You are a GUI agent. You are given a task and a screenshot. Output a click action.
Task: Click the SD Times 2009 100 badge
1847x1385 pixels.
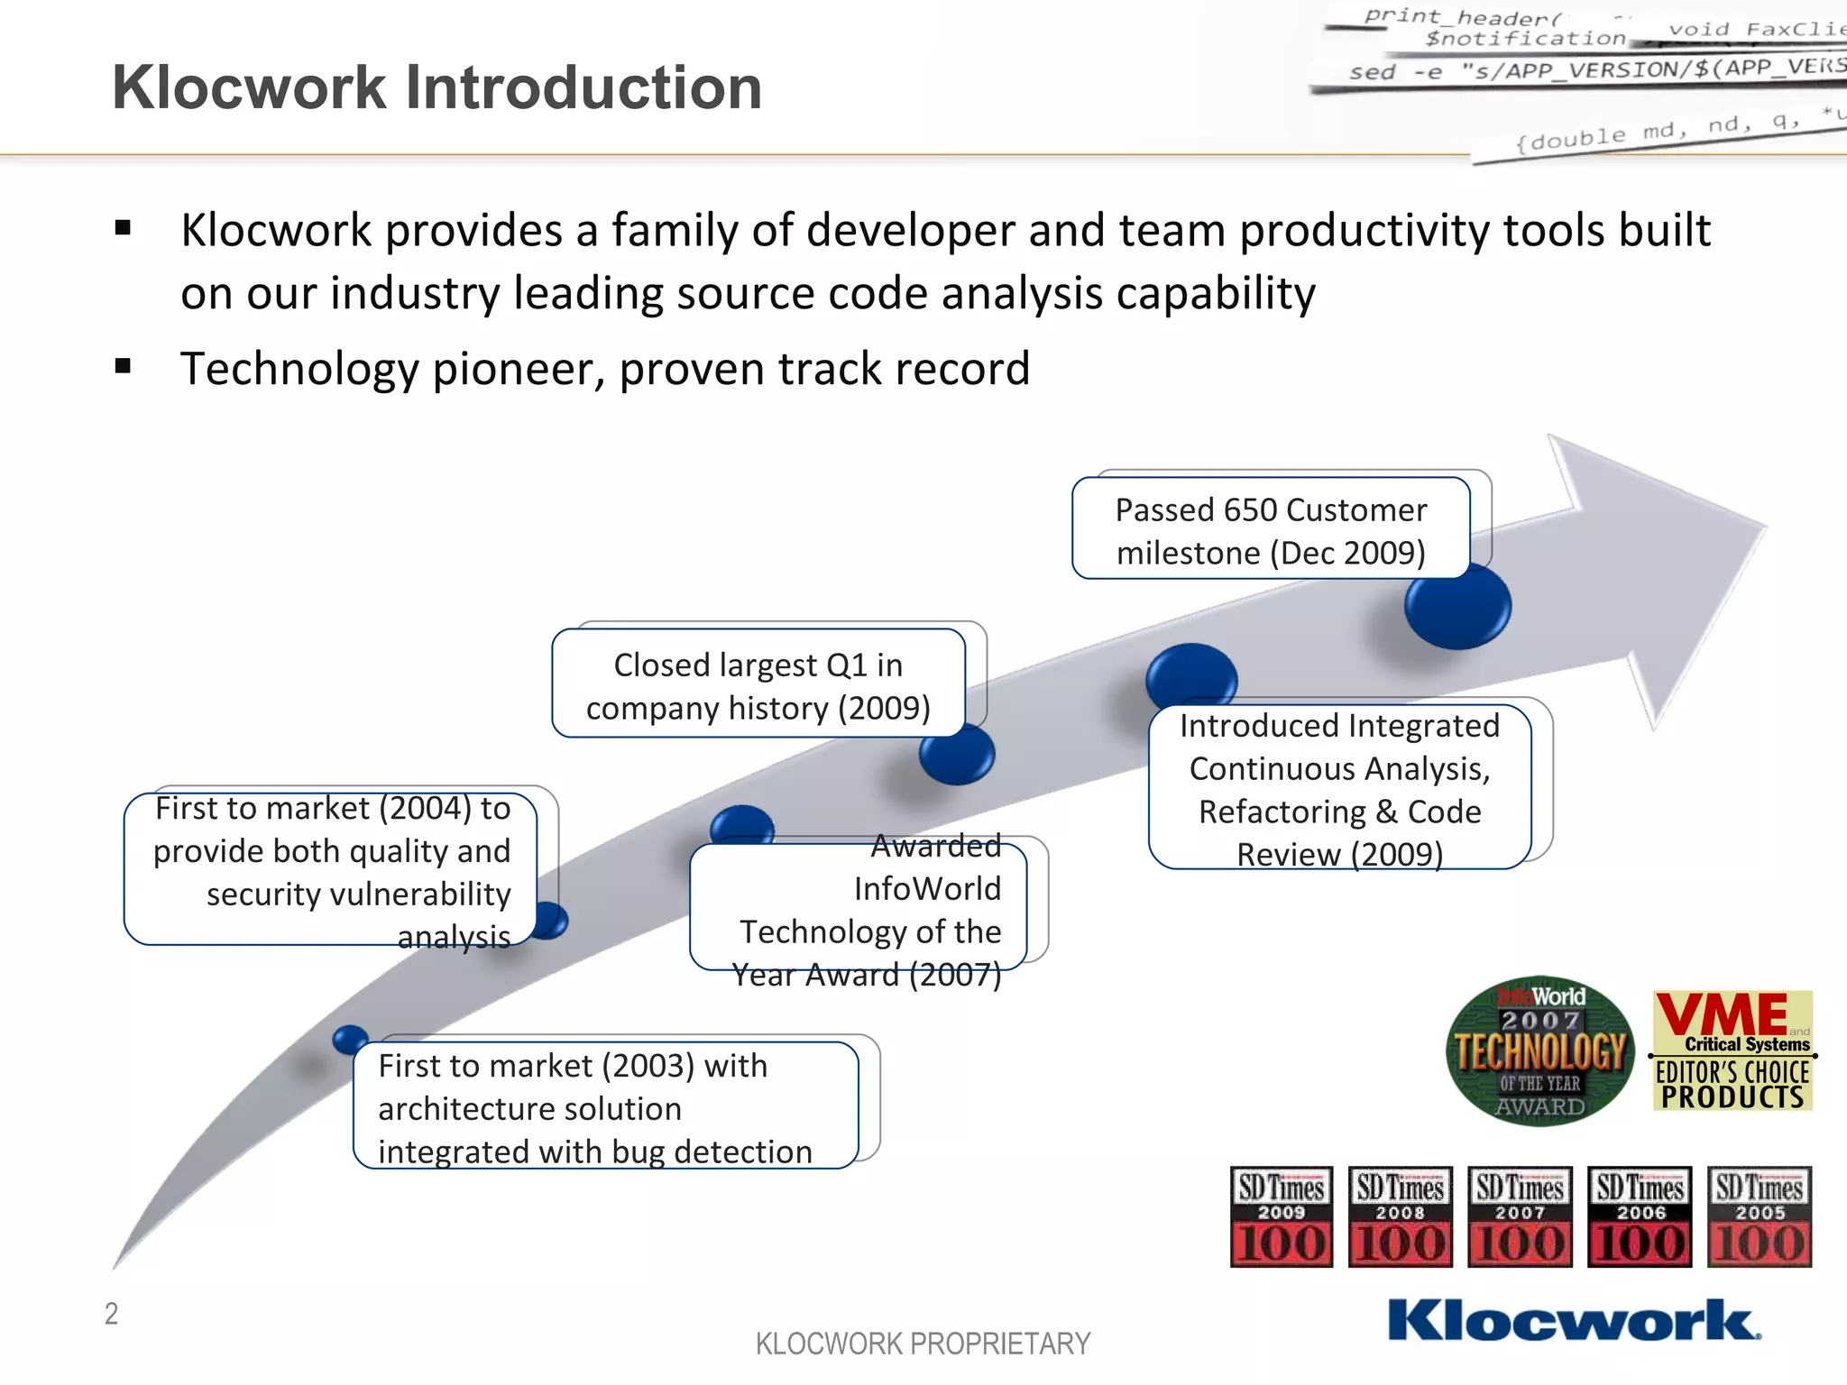coord(1281,1216)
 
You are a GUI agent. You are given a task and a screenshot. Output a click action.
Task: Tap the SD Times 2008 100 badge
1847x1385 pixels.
coord(1400,1216)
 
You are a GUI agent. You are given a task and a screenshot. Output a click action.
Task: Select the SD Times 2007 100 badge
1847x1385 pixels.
coord(1520,1216)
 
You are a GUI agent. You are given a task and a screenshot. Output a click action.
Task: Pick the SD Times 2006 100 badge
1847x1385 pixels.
coord(1640,1216)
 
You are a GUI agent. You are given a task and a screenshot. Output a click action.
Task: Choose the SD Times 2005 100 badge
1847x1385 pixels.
coord(1759,1216)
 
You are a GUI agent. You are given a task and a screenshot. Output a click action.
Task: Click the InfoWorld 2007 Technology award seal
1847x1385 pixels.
coord(1540,1050)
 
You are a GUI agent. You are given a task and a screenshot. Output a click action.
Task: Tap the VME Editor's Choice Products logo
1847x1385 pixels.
coord(1732,1050)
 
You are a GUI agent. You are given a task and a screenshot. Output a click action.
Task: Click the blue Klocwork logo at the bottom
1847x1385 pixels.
coord(1574,1320)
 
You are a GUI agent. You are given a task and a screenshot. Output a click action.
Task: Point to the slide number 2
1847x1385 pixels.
coord(111,1314)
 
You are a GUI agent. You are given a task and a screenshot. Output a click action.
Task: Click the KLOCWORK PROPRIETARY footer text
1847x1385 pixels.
coord(923,1344)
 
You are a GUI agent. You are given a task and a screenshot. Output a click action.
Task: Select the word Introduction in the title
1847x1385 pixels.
coord(584,87)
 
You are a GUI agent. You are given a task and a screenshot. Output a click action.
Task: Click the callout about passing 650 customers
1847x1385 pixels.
coord(1271,530)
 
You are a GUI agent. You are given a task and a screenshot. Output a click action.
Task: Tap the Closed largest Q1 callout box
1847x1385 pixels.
coord(758,685)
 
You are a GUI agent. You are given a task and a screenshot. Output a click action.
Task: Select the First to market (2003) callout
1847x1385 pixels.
coord(604,1107)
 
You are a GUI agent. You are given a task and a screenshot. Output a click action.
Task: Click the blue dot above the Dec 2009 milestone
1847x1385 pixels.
coord(1457,606)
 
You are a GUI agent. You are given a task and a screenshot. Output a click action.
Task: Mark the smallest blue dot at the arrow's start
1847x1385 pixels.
coord(350,1040)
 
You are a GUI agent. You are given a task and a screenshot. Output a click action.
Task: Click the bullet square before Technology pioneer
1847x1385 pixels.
coord(124,367)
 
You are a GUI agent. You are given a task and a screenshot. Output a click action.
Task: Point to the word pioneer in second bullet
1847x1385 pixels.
coord(519,369)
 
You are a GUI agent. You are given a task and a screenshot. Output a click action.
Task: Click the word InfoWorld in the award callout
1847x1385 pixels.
coord(927,889)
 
